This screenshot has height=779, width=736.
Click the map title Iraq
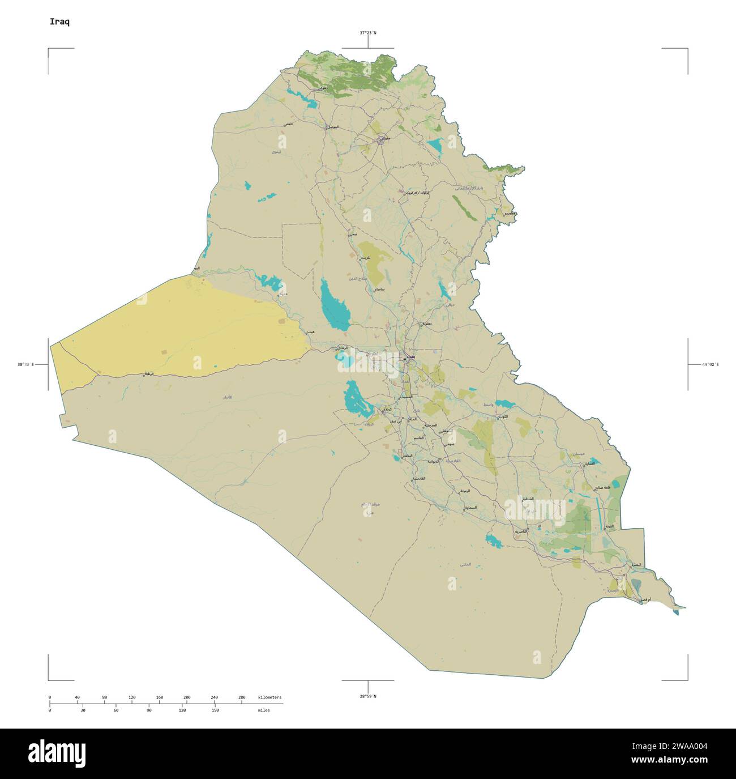pyautogui.click(x=60, y=22)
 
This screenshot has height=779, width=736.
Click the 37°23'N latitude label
pyautogui.click(x=368, y=33)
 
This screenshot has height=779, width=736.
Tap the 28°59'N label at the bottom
pyautogui.click(x=368, y=696)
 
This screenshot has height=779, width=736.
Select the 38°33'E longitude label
pyautogui.click(x=25, y=364)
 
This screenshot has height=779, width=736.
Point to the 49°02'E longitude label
pyautogui.click(x=710, y=364)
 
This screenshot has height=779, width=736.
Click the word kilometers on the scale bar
pyautogui.click(x=269, y=697)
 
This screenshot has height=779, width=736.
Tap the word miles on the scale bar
pyautogui.click(x=263, y=710)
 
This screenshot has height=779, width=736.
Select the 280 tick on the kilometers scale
pyautogui.click(x=242, y=697)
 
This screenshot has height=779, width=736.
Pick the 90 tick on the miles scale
pyautogui.click(x=149, y=710)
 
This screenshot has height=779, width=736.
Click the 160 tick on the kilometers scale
pyautogui.click(x=159, y=697)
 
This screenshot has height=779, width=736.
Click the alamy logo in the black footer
pyautogui.click(x=57, y=753)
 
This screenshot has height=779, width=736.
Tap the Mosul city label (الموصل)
pyautogui.click(x=332, y=126)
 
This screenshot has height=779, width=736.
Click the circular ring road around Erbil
pyautogui.click(x=381, y=138)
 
